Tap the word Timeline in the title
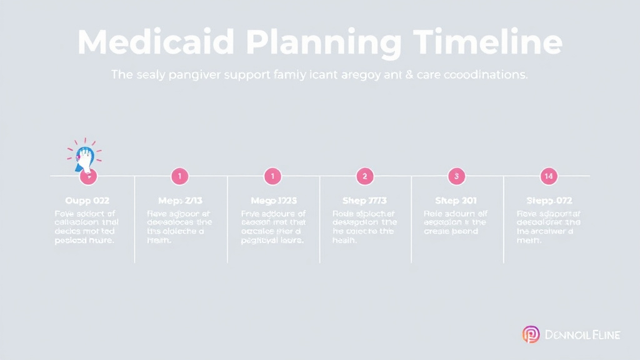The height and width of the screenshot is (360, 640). (487, 42)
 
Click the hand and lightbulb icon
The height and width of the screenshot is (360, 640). (84, 157)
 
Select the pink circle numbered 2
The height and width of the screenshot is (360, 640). (364, 176)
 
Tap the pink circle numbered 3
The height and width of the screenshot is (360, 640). (457, 176)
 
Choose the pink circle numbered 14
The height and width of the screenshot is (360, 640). (549, 176)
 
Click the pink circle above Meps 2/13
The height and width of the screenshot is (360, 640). (179, 176)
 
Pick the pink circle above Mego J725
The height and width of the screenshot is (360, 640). (272, 176)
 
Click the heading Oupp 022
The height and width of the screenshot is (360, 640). (87, 201)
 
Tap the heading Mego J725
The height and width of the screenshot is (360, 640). (273, 201)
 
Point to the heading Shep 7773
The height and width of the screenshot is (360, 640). (364, 201)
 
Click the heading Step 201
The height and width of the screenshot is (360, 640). (456, 201)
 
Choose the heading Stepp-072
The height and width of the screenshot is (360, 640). (549, 201)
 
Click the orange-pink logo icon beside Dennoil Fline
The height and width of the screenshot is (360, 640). (531, 335)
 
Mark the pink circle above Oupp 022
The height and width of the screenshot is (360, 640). (89, 177)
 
